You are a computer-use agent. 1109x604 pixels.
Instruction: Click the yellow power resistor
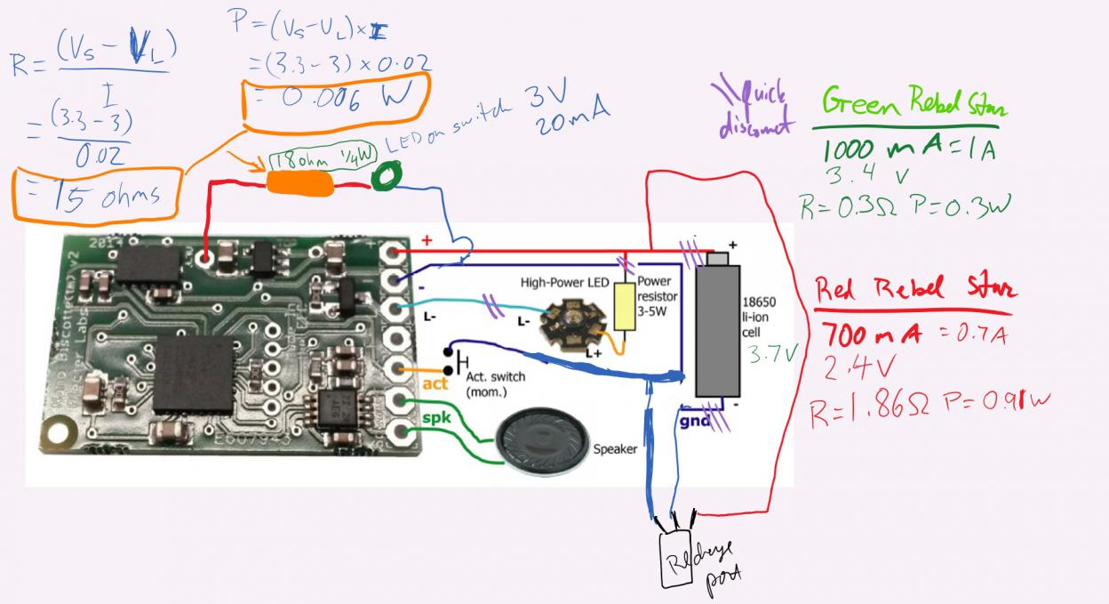626,308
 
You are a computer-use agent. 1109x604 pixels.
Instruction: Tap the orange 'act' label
435,383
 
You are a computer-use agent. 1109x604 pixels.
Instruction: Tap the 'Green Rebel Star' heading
914,104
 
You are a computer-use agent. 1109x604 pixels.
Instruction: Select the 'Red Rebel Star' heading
916,290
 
